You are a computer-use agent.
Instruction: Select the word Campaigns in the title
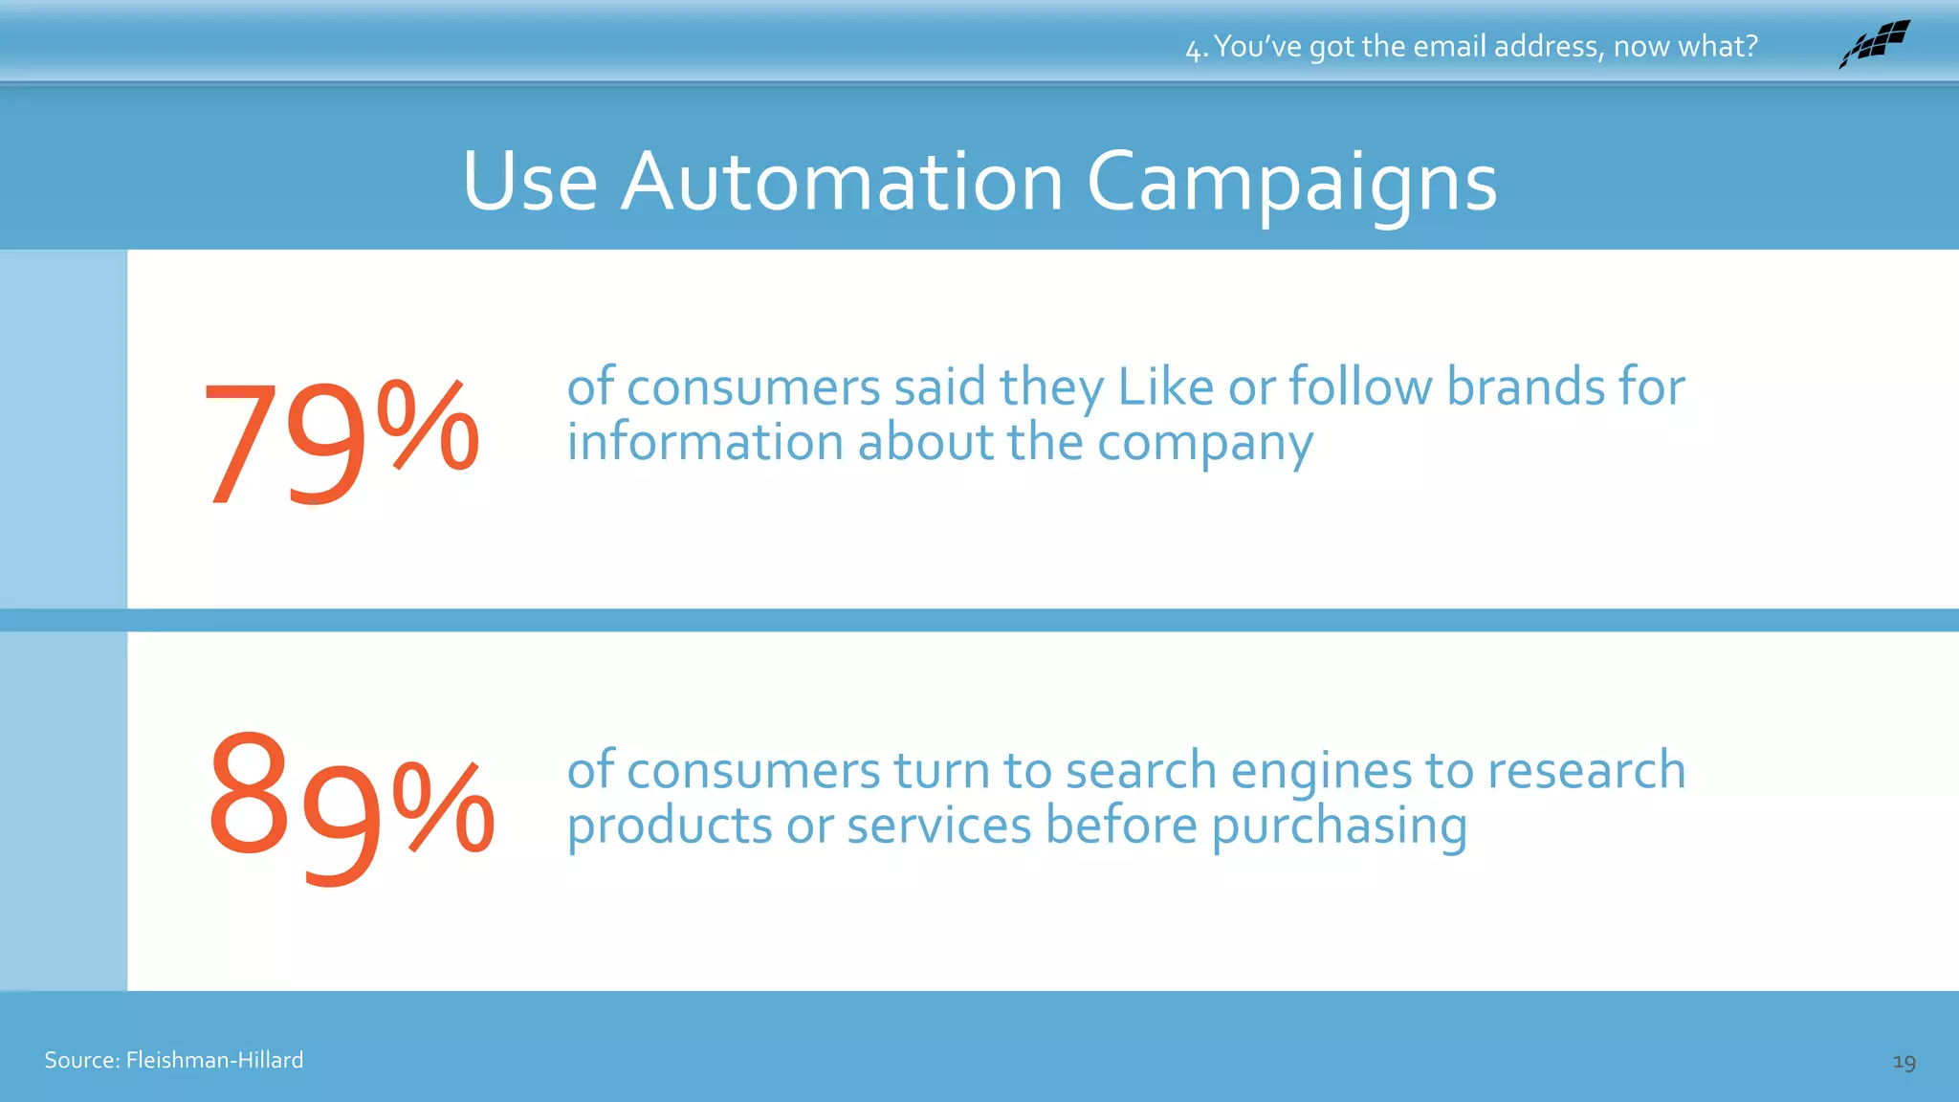[1291, 184]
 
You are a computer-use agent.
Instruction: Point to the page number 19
[1904, 1062]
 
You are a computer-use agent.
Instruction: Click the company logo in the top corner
[1875, 44]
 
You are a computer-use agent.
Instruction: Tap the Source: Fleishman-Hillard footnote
[174, 1060]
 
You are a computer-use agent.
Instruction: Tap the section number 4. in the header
[1197, 48]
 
